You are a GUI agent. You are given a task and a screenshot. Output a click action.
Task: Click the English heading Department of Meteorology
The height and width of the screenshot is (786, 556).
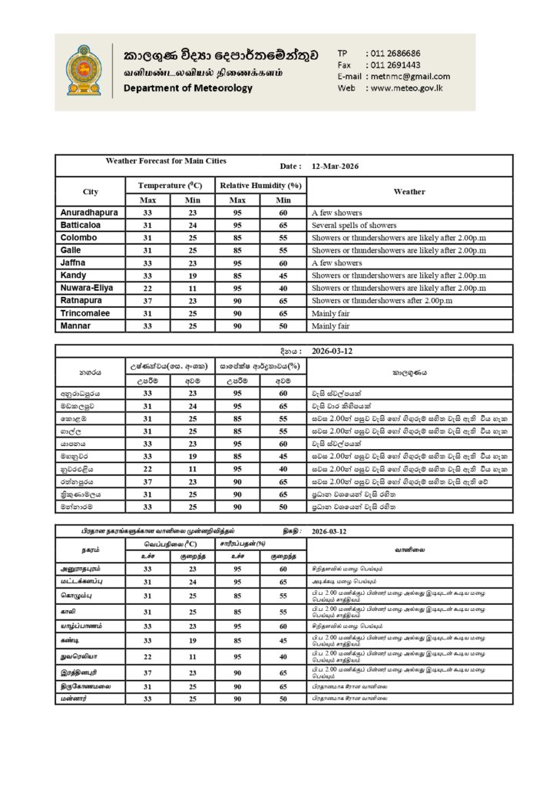click(x=187, y=88)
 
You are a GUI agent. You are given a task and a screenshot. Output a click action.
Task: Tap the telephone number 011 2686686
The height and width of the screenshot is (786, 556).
click(x=395, y=53)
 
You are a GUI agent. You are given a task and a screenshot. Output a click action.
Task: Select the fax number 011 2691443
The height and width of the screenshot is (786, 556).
click(x=395, y=65)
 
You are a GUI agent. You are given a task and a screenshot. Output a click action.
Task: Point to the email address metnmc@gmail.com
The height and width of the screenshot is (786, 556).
click(x=409, y=77)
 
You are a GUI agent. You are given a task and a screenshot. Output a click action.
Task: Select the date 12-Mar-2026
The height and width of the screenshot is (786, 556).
click(x=336, y=166)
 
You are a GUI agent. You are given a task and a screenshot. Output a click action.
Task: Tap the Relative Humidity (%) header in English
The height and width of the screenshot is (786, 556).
click(x=260, y=186)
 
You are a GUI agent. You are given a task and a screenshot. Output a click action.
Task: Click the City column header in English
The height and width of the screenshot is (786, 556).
click(x=90, y=191)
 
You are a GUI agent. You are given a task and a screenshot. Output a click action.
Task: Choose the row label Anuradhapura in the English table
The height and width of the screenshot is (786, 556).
click(x=90, y=213)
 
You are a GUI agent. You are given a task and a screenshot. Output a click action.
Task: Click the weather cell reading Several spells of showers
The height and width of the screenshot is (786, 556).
click(x=354, y=226)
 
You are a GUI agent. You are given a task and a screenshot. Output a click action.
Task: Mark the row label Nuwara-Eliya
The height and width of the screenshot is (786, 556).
click(x=87, y=288)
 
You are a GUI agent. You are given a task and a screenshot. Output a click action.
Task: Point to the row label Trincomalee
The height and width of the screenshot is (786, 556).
click(x=84, y=313)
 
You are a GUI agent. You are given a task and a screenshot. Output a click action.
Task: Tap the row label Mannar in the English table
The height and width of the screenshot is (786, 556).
click(x=74, y=326)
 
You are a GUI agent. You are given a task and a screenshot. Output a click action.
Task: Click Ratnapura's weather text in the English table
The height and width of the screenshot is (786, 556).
click(x=389, y=301)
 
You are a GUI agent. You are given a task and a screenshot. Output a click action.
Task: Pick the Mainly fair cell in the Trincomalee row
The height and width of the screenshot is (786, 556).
click(x=331, y=314)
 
